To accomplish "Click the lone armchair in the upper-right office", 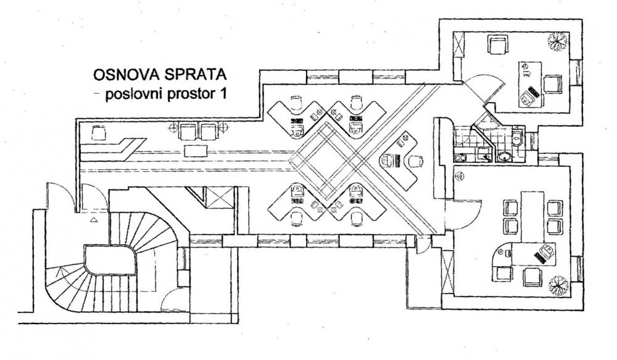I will (497, 45).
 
